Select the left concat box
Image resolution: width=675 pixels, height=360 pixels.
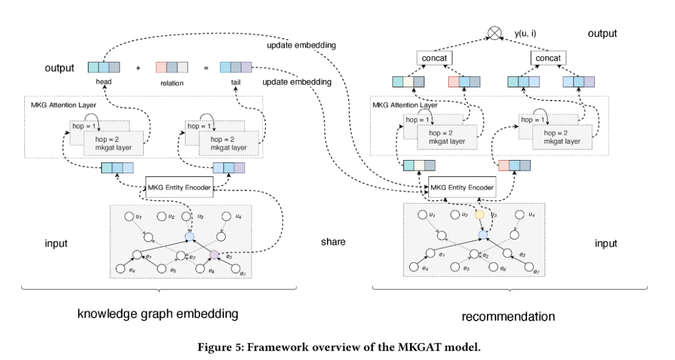434,58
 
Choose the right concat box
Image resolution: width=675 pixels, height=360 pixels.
548,58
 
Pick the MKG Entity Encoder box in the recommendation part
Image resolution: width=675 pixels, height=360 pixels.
462,187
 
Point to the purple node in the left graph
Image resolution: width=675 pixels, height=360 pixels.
214,254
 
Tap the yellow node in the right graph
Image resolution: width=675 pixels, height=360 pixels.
479,214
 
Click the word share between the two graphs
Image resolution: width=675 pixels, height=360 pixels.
333,242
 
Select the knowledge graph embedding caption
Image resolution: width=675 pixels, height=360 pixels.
157,313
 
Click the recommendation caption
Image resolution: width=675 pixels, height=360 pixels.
507,316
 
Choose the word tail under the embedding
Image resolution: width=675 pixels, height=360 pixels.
236,82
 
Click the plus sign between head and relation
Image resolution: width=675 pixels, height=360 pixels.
137,68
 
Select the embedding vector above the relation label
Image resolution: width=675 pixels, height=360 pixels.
171,67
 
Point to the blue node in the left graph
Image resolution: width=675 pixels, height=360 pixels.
190,237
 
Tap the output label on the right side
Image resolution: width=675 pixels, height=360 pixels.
602,34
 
